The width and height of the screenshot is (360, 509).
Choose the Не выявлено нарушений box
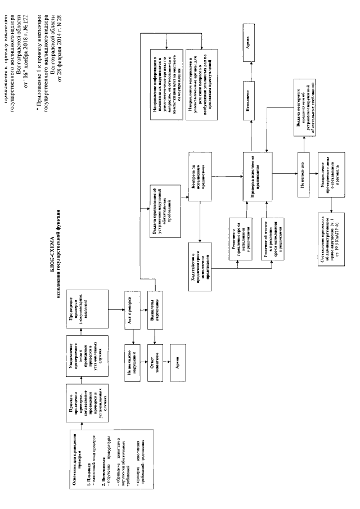pos(133,361)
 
